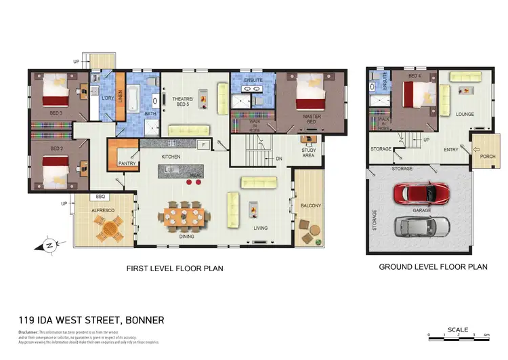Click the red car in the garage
coord(421,193)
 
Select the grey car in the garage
coord(421,226)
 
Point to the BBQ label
coord(102,197)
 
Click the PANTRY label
coord(127,163)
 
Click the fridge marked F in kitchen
coord(203,144)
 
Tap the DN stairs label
coord(278,159)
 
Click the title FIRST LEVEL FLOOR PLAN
coord(175,268)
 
